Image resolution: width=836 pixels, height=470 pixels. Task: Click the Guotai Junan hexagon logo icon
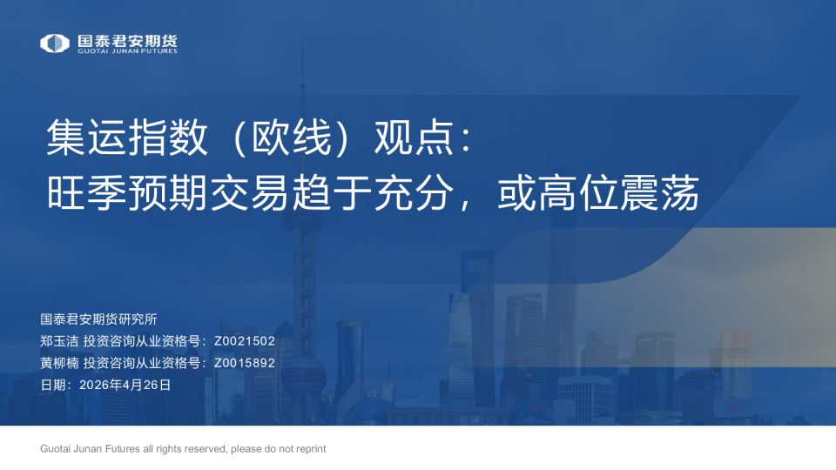(54, 43)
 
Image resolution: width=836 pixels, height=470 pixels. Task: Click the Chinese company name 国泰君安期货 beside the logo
(127, 40)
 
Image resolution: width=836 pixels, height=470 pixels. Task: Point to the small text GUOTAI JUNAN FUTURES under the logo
(127, 51)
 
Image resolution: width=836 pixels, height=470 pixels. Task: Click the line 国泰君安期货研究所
(98, 319)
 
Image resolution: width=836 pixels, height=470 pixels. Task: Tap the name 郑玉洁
(58, 341)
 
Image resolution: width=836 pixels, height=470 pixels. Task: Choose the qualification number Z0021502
(244, 341)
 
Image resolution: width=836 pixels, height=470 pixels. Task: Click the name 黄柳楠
(58, 363)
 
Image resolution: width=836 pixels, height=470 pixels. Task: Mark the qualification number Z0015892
(244, 363)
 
